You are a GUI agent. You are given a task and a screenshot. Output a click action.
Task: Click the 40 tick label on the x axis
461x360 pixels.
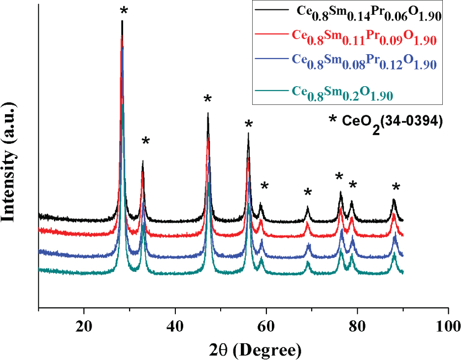(175, 326)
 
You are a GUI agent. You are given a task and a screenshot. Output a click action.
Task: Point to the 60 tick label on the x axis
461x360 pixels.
(266, 326)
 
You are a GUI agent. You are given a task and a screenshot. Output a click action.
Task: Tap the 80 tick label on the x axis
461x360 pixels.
(357, 326)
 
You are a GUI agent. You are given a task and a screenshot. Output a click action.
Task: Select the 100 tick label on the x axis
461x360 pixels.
(448, 326)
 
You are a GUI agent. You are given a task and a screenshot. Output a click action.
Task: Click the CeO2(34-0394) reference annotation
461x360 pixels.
(386, 123)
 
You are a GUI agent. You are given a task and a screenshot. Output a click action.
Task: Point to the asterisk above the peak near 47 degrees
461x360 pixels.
(207, 99)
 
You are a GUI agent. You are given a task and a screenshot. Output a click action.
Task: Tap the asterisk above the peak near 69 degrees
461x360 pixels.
(308, 192)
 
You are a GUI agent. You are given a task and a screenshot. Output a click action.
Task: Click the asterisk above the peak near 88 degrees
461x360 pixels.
(396, 187)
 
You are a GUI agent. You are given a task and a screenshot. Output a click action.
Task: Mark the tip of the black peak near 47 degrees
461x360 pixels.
(208, 113)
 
